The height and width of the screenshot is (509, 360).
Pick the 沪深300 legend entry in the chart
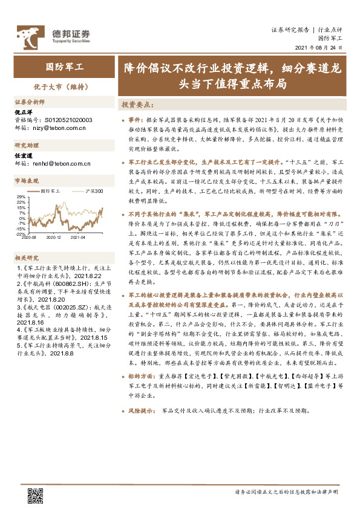coord(92,191)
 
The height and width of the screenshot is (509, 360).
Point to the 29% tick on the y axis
coord(21,197)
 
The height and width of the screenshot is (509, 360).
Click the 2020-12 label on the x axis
coord(55,238)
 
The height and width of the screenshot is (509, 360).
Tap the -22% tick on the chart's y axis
coord(20,234)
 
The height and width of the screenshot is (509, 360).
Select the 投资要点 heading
coord(137,104)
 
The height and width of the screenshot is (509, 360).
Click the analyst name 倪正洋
coord(23,112)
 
